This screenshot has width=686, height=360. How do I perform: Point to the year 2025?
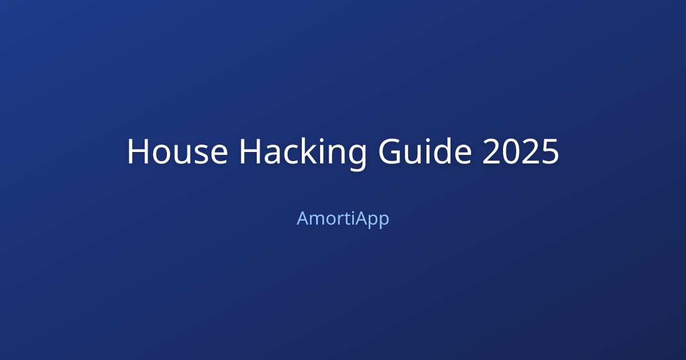(520, 152)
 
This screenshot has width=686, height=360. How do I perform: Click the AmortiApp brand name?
(343, 218)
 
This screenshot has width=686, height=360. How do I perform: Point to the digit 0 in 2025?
(510, 152)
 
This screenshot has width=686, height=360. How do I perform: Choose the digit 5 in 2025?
(549, 152)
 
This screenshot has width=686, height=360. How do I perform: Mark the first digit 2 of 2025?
(491, 152)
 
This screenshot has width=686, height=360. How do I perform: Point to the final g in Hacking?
(356, 155)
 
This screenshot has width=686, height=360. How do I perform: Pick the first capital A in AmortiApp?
(302, 218)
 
